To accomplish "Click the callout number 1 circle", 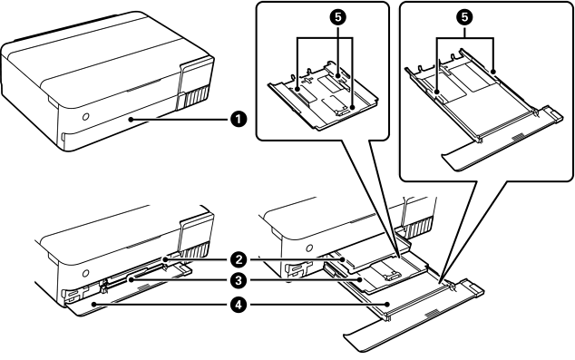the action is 239,119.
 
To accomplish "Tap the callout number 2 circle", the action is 239,260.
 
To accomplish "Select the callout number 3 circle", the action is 239,281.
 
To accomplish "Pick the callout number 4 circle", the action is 239,305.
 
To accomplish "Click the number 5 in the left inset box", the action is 339,17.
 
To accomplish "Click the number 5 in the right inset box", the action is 464,17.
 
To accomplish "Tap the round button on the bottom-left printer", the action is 86,273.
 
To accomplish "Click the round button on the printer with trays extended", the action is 309,248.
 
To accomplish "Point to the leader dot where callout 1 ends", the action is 131,119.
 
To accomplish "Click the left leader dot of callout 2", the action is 165,259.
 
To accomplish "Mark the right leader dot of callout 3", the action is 362,280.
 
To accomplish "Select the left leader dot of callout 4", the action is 94,304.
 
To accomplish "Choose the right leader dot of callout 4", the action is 387,304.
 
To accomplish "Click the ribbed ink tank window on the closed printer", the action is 197,97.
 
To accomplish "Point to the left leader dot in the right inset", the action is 437,92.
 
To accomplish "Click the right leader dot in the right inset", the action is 493,72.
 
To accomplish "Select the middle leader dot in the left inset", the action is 338,75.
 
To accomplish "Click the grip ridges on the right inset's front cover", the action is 519,137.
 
